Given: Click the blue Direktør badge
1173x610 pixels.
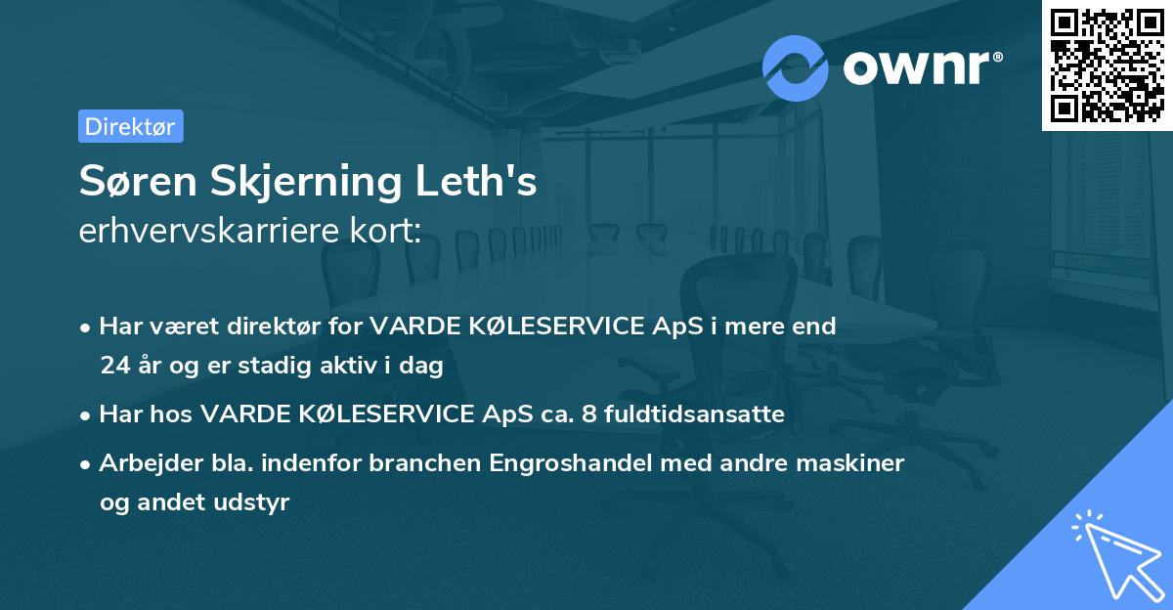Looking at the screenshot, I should [130, 127].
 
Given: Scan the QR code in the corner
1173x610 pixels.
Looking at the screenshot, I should [1106, 65].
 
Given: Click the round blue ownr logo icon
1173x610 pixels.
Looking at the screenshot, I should [796, 68].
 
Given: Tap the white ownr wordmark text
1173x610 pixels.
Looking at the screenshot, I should [919, 68].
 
